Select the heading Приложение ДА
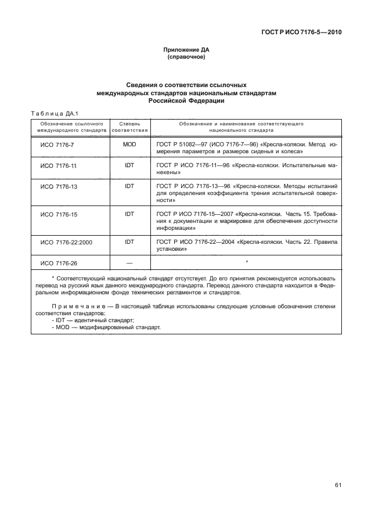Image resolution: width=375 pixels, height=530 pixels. [x=187, y=51]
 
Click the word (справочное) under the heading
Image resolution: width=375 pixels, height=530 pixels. [x=187, y=58]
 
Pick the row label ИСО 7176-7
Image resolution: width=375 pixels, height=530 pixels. [x=57, y=144]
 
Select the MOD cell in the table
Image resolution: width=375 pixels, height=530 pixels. [x=129, y=143]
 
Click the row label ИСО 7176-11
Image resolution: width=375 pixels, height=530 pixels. [x=58, y=166]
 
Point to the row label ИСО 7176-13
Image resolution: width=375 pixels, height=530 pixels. [x=58, y=187]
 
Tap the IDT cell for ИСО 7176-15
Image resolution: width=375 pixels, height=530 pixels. [x=129, y=214]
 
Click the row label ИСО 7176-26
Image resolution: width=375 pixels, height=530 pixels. [x=58, y=263]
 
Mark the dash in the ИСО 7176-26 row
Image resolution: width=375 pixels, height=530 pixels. [x=129, y=263]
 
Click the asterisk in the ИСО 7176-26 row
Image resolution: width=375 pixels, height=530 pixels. [x=247, y=262]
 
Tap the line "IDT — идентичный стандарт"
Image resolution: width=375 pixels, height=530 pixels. [x=93, y=320]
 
